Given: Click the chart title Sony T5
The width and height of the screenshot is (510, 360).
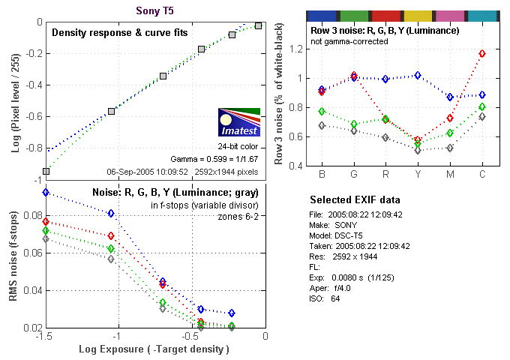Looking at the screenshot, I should pyautogui.click(x=156, y=11).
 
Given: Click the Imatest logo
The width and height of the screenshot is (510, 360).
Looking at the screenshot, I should pyautogui.click(x=238, y=122).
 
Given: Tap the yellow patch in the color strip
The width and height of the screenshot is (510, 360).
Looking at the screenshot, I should pyautogui.click(x=418, y=16).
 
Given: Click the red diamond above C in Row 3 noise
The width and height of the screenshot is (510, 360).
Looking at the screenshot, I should pyautogui.click(x=482, y=54).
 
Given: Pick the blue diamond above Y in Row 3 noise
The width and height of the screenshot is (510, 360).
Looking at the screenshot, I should pyautogui.click(x=418, y=76).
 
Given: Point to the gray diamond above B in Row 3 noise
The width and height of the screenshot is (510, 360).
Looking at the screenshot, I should pyautogui.click(x=322, y=125).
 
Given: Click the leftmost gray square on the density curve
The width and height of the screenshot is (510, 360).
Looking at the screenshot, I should pyautogui.click(x=46, y=171).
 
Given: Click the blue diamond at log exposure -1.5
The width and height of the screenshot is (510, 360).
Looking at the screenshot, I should pyautogui.click(x=46, y=193).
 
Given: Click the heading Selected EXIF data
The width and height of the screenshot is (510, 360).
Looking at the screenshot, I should pyautogui.click(x=355, y=200).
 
